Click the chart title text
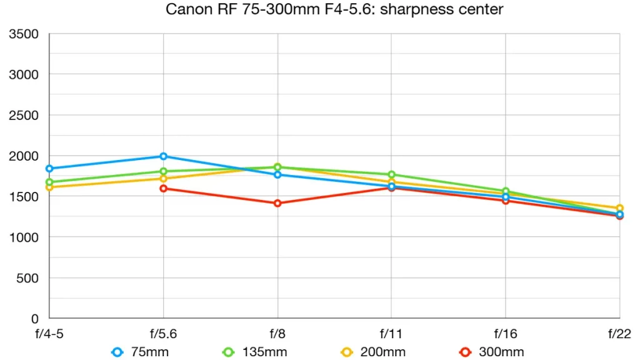point(334,10)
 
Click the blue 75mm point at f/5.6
point(163,156)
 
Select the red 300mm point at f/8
point(277,203)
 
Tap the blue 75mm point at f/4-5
point(49,169)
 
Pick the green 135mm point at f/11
point(391,175)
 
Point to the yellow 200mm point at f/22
point(619,208)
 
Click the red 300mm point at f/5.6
point(163,188)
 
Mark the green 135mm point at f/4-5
point(49,182)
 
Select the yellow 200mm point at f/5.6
point(163,179)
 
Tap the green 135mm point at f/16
point(506,191)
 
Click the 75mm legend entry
point(140,352)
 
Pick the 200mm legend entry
point(374,352)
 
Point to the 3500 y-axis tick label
point(24,34)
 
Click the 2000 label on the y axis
point(24,156)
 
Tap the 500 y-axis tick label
point(27,278)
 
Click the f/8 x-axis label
point(277,334)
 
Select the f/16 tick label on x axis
point(506,334)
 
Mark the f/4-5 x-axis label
point(49,334)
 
